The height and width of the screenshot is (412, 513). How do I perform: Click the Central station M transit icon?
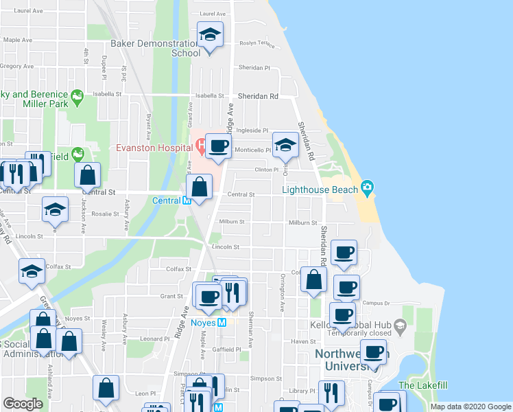point(185,201)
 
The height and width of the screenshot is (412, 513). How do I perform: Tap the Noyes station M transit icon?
point(222,322)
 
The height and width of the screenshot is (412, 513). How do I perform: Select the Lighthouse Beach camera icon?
point(367,187)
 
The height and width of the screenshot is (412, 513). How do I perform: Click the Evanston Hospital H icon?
point(201,146)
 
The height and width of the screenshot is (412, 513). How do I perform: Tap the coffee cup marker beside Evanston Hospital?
point(218,146)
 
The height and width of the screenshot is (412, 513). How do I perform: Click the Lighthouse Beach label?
point(320,189)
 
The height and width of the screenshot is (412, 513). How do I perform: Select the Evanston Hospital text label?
point(154,146)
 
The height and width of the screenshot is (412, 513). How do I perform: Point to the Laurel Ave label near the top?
point(212,14)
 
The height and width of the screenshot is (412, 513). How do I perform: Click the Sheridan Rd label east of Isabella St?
point(259,97)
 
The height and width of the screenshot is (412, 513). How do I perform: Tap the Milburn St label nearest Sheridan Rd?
point(302,222)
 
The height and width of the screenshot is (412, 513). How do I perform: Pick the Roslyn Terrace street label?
point(257,43)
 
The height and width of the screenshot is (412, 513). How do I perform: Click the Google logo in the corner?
point(23,404)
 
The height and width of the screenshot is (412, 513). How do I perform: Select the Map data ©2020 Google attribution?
point(470,407)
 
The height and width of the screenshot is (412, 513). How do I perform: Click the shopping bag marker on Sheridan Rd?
point(313,279)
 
